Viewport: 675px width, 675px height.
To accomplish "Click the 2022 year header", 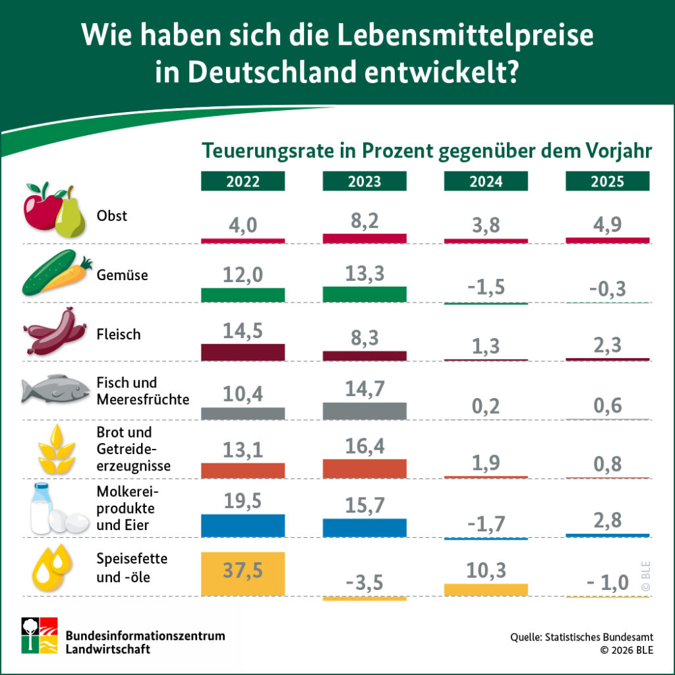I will pos(243,181).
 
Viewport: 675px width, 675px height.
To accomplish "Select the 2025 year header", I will pos(607,181).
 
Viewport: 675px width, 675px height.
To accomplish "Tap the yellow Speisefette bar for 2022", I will pos(243,572).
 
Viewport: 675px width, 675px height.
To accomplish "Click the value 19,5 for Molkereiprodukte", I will pos(243,501).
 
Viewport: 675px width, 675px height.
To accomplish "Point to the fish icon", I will pos(55,390).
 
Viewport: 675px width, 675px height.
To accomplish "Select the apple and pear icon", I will pos(55,210).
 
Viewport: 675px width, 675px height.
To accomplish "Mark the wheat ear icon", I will pos(55,450).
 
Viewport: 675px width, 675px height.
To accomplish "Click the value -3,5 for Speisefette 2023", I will pos(365,583).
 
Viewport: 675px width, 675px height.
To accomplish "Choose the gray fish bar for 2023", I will pos(365,411).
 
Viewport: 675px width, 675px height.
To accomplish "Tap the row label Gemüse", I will pos(122,275).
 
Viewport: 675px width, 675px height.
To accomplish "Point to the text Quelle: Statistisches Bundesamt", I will pos(581,637).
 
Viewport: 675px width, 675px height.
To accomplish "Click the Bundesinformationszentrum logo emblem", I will pos(39,635).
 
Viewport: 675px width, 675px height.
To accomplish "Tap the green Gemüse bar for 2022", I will pos(243,295).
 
